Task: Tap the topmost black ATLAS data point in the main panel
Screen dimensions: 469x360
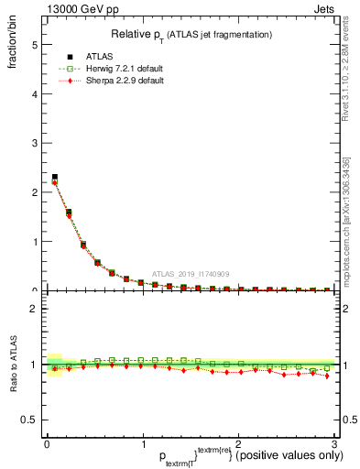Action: tap(54, 177)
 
